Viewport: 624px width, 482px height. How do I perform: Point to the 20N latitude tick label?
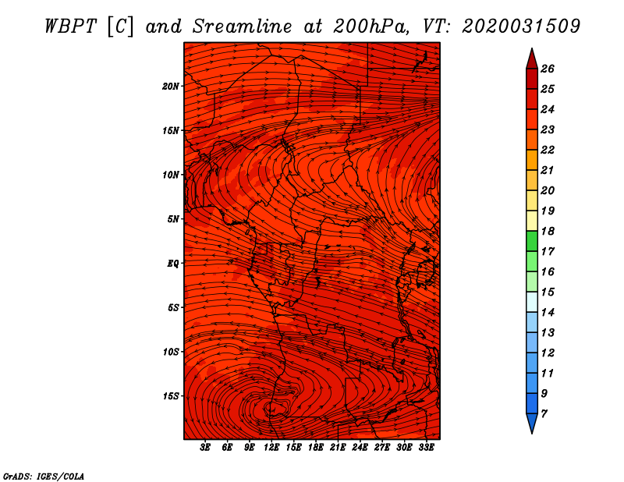tap(171, 86)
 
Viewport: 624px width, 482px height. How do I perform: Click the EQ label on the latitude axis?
tap(173, 263)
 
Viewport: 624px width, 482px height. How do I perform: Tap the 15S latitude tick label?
tap(171, 395)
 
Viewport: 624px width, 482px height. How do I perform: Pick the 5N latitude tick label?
tap(173, 218)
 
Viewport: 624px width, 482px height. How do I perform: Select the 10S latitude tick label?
tap(171, 352)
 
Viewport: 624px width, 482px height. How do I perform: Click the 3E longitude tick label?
tap(205, 448)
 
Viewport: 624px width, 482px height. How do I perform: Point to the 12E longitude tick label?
tap(271, 448)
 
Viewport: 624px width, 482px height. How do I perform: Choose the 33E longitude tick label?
tap(426, 448)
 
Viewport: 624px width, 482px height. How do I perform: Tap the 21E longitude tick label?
tap(338, 448)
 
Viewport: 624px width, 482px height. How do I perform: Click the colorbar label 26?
tap(547, 69)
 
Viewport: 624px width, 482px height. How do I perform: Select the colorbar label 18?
tap(547, 231)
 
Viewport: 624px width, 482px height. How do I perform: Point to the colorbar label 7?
tap(544, 413)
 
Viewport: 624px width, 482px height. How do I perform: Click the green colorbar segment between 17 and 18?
tap(531, 241)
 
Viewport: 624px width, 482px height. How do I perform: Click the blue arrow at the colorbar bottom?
tap(531, 423)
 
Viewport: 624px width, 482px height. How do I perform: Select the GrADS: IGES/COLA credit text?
tap(44, 476)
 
